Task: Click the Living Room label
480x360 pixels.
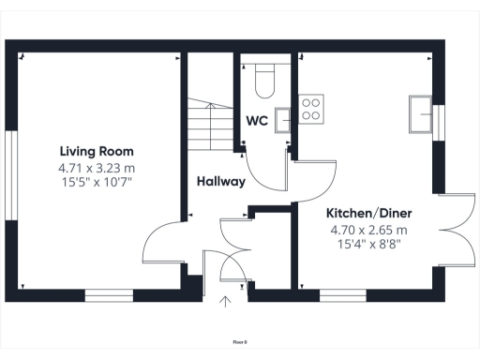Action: point(97,151)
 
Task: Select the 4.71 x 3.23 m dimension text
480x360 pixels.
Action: point(97,167)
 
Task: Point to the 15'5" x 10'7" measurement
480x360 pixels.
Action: point(97,182)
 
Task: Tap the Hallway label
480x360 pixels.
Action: point(221,182)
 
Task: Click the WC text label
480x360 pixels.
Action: point(257,122)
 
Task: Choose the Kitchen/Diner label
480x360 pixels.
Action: point(368,213)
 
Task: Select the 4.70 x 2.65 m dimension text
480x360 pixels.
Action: point(368,230)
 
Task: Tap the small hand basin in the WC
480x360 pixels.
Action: point(281,115)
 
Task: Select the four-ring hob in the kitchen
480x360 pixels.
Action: point(311,109)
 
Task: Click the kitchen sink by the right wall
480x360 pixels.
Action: point(422,117)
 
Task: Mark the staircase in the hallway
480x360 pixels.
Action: point(208,127)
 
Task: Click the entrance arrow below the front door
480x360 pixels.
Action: point(224,301)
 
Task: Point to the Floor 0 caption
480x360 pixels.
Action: point(240,342)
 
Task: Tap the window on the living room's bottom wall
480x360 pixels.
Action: point(110,294)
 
